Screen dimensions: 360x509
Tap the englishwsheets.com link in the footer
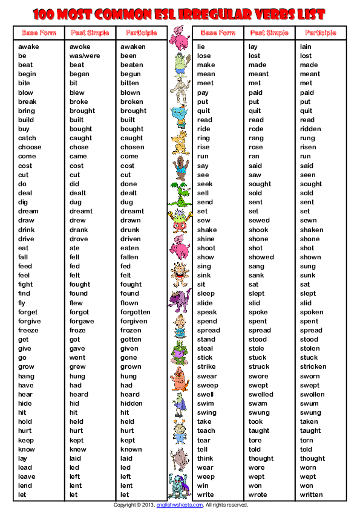[179, 504]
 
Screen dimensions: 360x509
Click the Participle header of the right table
[320, 33]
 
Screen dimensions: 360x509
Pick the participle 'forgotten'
[135, 312]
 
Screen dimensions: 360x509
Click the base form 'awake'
[28, 47]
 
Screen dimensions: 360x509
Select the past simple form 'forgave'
[82, 321]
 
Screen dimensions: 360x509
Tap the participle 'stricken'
[313, 367]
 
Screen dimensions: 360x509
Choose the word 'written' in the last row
[312, 495]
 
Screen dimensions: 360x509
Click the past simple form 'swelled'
[261, 394]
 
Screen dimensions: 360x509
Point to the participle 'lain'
[306, 47]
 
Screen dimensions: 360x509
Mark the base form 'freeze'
[28, 330]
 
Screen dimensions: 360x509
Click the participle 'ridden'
[310, 129]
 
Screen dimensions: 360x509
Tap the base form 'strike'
[206, 367]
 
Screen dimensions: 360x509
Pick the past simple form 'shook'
[258, 230]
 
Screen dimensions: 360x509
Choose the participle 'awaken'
[133, 47]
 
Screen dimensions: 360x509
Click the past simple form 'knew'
[77, 449]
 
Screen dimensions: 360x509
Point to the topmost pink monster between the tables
[179, 39]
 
